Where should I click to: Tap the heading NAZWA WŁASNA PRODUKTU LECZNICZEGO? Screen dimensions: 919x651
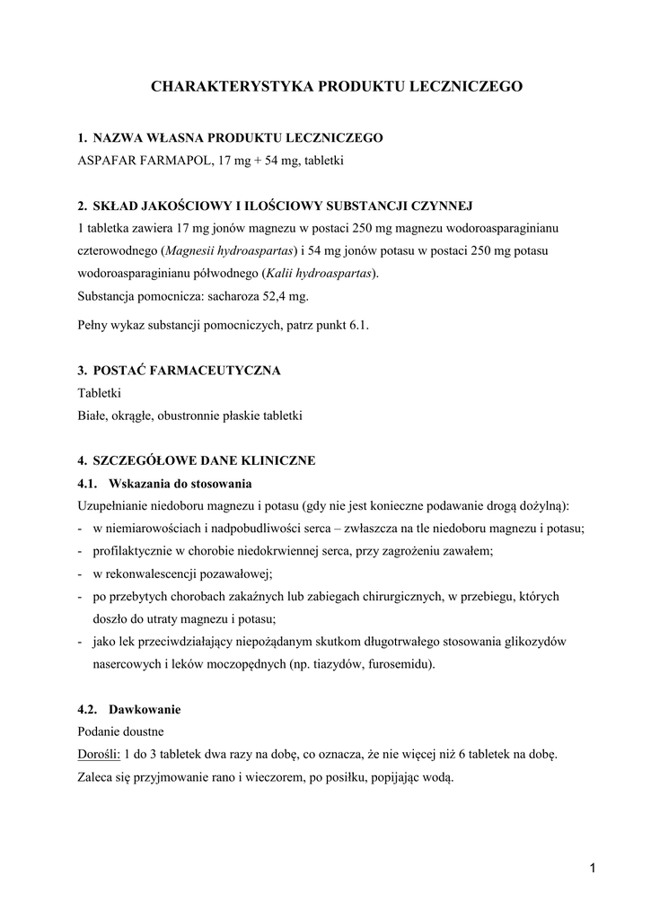(237, 137)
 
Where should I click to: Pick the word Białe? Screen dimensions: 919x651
(93, 416)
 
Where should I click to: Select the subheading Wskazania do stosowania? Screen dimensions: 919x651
(180, 483)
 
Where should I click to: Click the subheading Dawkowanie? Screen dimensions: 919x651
(144, 709)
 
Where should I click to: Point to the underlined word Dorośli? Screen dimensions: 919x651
(99, 755)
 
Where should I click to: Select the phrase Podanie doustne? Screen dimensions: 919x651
(121, 731)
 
